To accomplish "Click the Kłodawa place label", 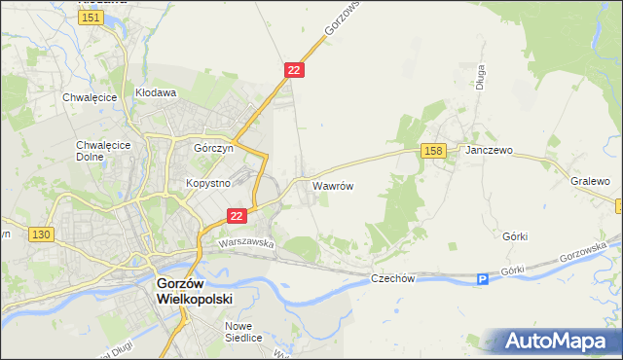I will [155, 93].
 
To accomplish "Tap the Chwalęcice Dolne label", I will [97, 152].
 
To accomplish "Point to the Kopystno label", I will [207, 183].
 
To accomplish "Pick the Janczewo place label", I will [489, 152].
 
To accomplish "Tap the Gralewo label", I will [590, 181].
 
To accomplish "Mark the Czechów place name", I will [393, 278].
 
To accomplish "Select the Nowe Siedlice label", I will [243, 332].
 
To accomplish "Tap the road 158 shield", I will [434, 150].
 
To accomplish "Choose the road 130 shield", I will [41, 235].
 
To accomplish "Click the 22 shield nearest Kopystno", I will [237, 216].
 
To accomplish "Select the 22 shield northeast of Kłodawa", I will [295, 70].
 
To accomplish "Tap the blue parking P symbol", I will [482, 280].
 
